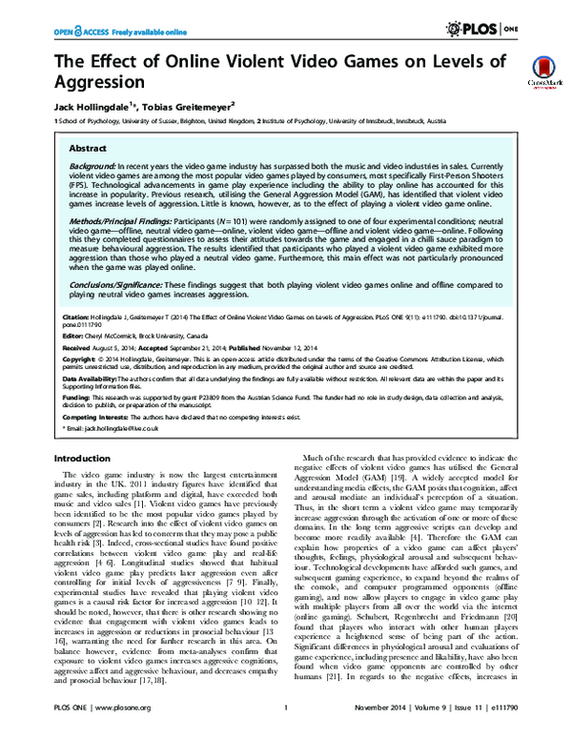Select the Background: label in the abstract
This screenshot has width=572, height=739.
coord(94,166)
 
